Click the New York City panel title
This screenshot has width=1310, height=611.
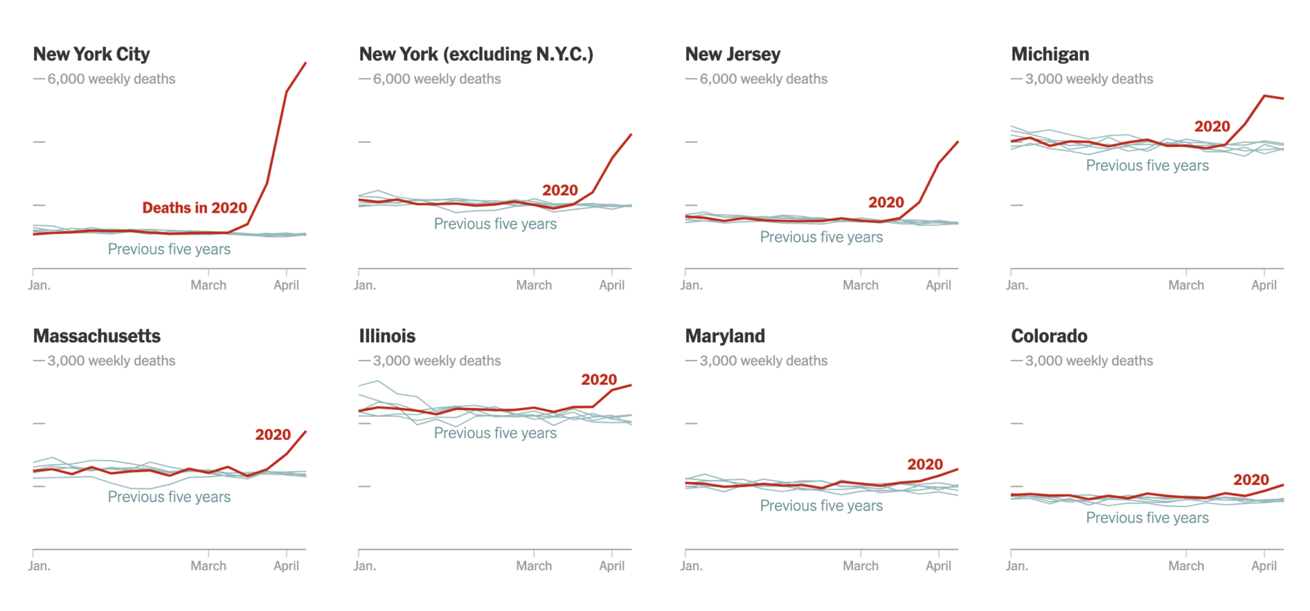click(92, 55)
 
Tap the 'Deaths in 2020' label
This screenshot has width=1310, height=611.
click(194, 208)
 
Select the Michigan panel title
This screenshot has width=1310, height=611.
click(1050, 55)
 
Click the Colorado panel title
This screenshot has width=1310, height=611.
click(1049, 336)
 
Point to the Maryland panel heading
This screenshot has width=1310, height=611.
click(725, 336)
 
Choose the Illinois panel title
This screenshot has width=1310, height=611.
click(387, 336)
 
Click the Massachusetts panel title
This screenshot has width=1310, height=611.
click(97, 336)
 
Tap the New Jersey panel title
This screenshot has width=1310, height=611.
click(733, 55)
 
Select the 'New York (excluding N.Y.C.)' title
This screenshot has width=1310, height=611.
click(476, 55)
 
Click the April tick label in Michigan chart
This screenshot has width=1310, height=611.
click(1263, 285)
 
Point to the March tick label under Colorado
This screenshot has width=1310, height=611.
click(1186, 566)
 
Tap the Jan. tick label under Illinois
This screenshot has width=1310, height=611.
click(365, 566)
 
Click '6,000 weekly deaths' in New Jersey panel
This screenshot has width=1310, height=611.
click(763, 79)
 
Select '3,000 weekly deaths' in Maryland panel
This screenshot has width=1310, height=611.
click(763, 361)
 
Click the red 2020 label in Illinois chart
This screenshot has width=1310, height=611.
click(598, 380)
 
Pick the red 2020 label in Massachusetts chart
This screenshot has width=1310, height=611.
click(273, 435)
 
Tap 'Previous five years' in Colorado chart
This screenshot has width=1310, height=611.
click(1147, 518)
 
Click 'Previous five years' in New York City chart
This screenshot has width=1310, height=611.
click(169, 249)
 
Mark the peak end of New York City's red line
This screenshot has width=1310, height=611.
click(306, 63)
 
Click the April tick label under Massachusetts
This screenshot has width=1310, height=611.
click(286, 566)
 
